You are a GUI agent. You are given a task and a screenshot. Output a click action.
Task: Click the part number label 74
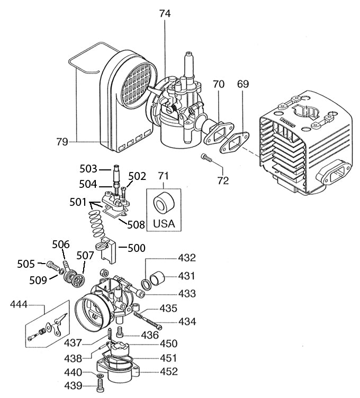click(165, 15)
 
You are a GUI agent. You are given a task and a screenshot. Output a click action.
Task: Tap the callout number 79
click(64, 141)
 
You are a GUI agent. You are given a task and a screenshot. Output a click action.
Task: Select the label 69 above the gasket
click(243, 84)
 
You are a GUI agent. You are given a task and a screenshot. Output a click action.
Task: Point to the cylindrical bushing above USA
click(163, 203)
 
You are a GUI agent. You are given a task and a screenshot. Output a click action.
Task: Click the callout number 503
click(88, 169)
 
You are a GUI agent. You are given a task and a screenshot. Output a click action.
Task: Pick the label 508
click(136, 224)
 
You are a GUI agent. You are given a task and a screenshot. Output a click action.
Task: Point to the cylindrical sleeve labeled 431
click(159, 277)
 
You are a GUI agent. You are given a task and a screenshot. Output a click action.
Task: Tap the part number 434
click(187, 321)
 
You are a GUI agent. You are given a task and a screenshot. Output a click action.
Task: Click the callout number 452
click(169, 371)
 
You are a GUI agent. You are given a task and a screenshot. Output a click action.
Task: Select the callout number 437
click(74, 343)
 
